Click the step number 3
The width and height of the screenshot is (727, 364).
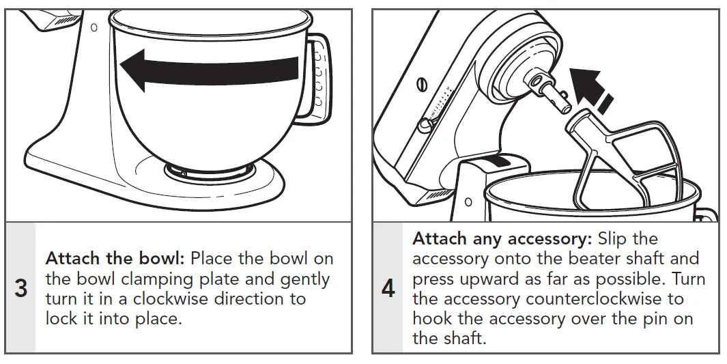coord(21,288)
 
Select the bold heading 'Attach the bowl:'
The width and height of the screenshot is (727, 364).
coord(115,260)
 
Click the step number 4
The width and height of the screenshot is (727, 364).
coord(388,288)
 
